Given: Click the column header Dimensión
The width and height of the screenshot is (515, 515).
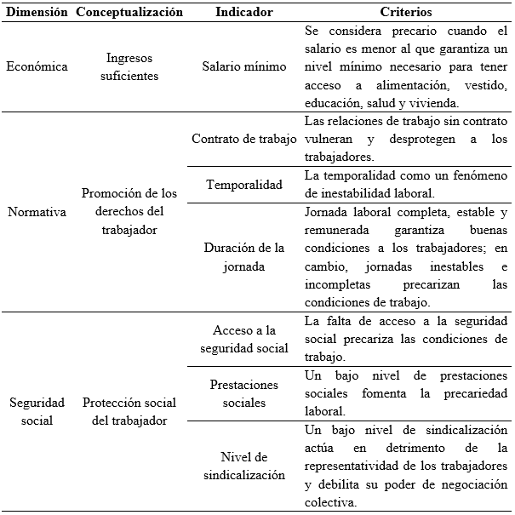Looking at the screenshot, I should (37, 13).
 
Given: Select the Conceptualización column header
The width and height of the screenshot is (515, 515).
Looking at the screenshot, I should (129, 13).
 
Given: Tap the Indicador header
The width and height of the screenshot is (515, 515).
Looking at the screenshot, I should (244, 13).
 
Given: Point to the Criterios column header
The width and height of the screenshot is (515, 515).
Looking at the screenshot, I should (406, 13).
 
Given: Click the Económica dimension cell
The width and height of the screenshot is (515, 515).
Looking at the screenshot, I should (37, 67).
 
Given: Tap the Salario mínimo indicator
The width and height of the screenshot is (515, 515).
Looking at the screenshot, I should (244, 67).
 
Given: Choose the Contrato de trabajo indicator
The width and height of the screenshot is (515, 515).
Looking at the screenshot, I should (244, 139).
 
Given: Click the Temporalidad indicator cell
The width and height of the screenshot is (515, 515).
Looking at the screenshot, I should (244, 183).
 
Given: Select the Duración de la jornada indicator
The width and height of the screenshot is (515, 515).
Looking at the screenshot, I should (244, 257).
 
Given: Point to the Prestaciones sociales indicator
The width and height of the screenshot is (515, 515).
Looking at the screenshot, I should (244, 393).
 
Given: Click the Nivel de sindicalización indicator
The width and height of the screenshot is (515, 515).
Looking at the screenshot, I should (244, 466).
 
